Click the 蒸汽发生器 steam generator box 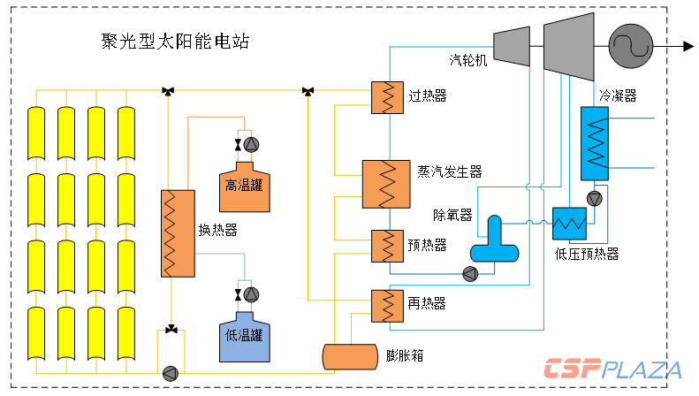click(x=386, y=185)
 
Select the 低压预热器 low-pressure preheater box click(x=571, y=223)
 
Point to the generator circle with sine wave click(x=630, y=46)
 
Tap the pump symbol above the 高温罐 click(x=251, y=144)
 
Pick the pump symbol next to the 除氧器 click(x=469, y=273)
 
